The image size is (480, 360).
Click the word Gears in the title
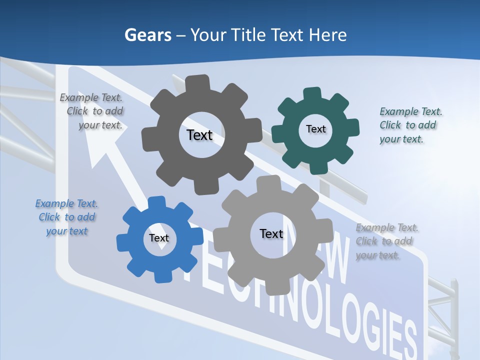(147, 35)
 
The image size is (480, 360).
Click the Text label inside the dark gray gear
(199, 135)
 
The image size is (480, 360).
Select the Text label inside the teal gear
(315, 129)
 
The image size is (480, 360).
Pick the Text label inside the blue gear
(159, 238)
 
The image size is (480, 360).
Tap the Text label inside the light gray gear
(271, 233)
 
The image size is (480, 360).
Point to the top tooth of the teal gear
(312, 94)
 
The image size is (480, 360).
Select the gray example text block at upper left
(92, 111)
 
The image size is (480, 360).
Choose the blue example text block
(66, 217)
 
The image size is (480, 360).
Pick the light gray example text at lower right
(386, 241)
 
